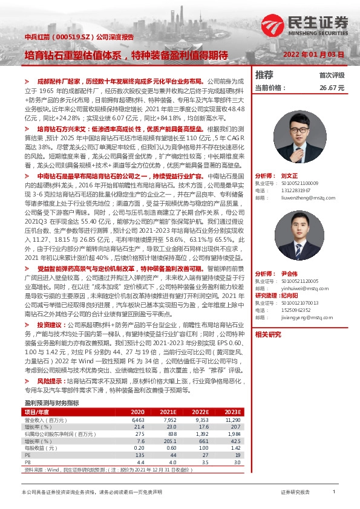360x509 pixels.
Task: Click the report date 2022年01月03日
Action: [314, 54]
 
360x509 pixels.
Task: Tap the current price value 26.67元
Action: [332, 87]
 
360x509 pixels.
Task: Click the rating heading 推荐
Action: [264, 75]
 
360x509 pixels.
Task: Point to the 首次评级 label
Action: [332, 76]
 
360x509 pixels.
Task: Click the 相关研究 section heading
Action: [268, 334]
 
